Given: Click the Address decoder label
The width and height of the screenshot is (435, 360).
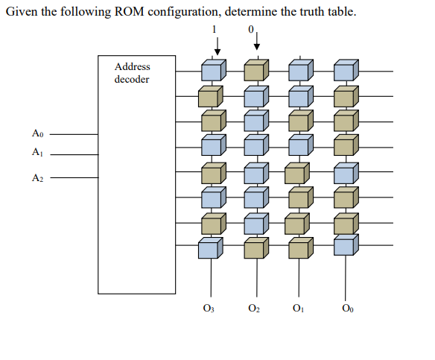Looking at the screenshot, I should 132,73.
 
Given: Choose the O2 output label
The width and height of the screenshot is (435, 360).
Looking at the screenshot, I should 254,308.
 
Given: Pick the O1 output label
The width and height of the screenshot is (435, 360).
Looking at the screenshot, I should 299,308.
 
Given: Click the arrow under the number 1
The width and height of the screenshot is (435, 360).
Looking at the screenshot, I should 217,45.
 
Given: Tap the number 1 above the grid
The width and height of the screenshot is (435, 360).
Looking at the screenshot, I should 216,28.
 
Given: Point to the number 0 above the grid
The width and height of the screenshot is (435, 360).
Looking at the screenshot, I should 251,28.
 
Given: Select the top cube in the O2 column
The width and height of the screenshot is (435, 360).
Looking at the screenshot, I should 256,71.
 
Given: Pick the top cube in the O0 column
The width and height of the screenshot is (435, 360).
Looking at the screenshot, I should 345,71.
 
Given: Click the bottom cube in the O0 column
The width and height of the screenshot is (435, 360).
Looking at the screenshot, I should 345,245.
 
